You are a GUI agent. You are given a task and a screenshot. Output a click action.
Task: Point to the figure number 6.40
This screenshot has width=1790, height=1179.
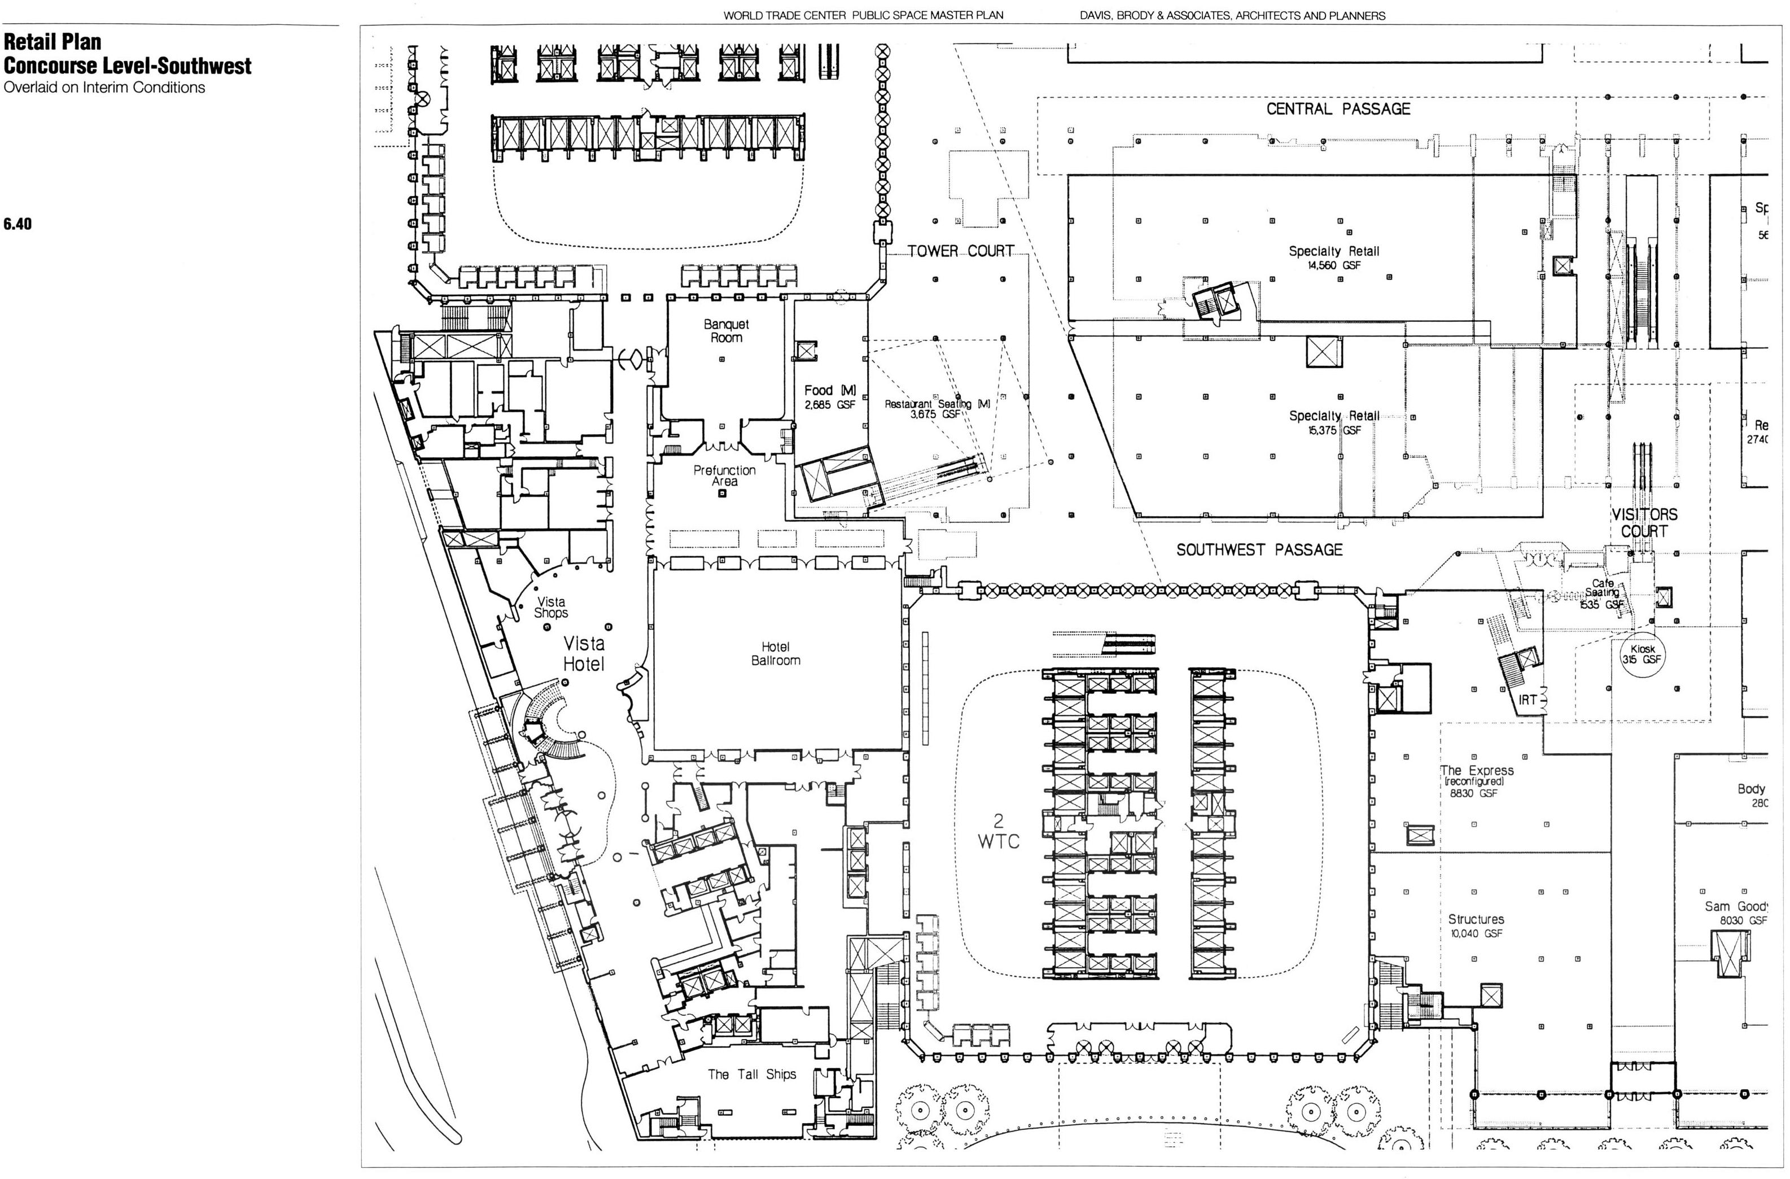18,224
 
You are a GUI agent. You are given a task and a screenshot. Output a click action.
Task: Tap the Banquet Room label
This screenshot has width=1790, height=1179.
726,331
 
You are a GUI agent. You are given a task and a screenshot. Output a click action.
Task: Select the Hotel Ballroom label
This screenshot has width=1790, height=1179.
776,654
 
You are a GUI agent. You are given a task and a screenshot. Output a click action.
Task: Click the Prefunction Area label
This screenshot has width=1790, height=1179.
724,475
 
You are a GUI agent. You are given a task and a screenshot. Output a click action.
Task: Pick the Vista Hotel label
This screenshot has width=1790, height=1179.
584,654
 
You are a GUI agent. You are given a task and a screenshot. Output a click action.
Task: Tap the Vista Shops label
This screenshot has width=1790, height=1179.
550,607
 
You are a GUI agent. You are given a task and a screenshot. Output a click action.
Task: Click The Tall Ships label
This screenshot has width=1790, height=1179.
751,1073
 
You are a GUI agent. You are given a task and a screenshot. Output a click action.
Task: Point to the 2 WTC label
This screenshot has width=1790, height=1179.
998,831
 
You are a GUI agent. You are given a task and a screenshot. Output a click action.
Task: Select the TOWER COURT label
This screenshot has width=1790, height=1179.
960,251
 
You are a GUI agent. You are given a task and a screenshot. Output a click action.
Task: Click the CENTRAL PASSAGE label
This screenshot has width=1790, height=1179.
1338,109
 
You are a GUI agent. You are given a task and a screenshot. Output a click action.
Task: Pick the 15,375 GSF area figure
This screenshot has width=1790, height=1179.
1334,430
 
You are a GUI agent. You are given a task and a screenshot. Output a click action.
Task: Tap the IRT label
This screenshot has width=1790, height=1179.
1527,700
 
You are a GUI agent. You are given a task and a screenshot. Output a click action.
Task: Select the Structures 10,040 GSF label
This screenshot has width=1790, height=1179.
1476,925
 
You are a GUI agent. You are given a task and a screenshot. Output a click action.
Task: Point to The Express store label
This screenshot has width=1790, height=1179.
1476,770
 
